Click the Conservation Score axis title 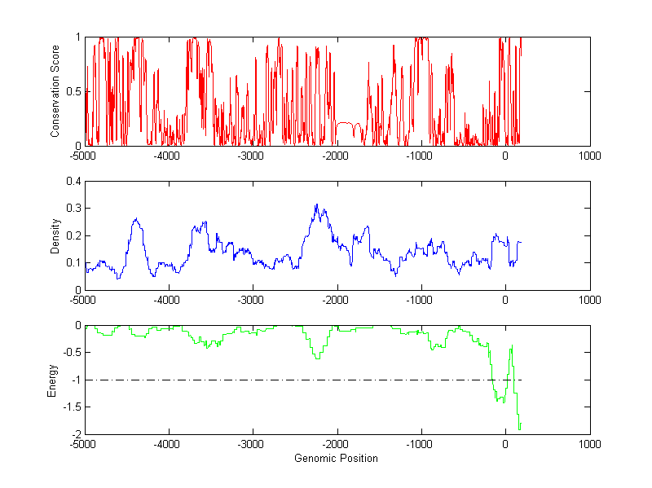click(x=55, y=91)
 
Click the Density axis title click(x=55, y=235)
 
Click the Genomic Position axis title click(x=337, y=458)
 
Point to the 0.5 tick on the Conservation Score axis click(x=76, y=91)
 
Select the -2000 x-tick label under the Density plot click(x=337, y=300)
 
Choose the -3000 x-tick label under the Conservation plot click(x=252, y=156)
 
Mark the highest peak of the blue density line click(x=316, y=204)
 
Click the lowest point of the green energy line click(x=519, y=428)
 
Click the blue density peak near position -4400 click(x=136, y=218)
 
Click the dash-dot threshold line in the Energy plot click(x=285, y=380)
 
